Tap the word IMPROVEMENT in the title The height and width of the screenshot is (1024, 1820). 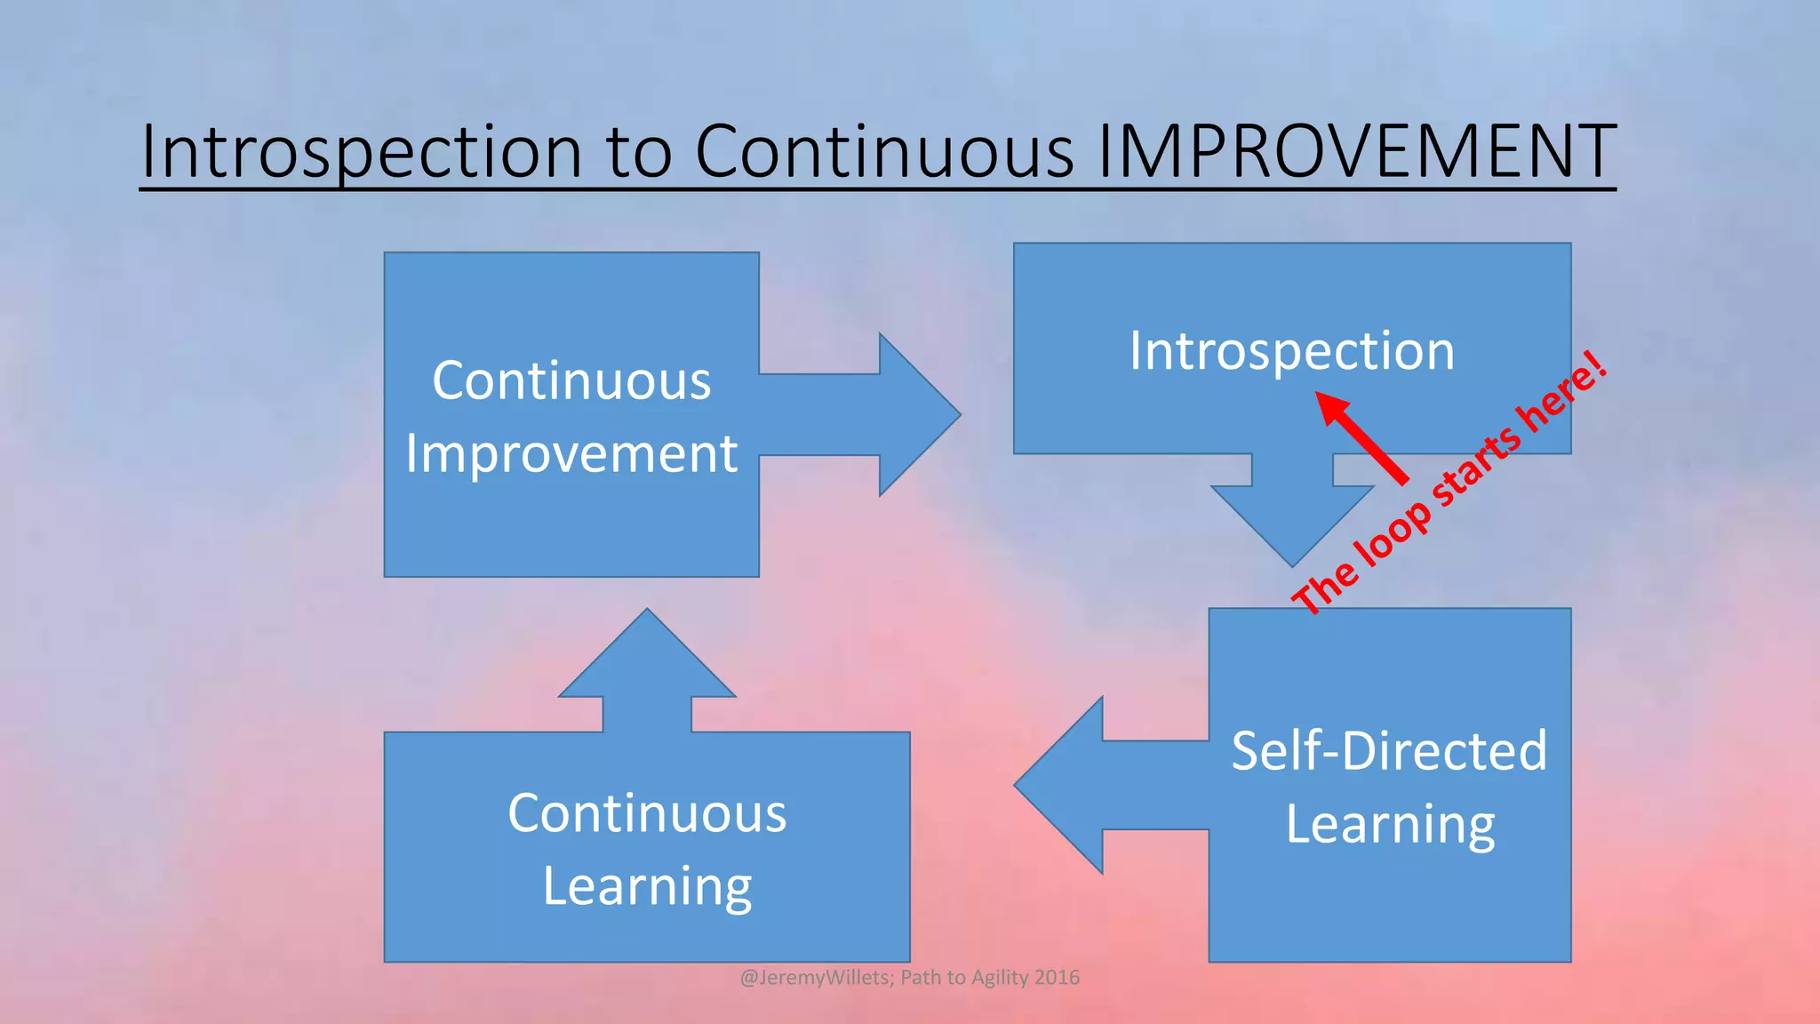point(1356,151)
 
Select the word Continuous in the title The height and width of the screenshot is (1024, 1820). point(883,151)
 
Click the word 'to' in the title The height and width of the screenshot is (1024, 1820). point(638,151)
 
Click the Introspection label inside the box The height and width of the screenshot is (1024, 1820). point(1292,350)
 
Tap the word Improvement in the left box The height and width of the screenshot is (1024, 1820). point(571,453)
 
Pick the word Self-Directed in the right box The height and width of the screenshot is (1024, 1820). point(1389,750)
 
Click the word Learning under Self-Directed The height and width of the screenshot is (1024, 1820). point(1391,824)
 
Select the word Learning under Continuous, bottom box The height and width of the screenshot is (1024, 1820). point(647,886)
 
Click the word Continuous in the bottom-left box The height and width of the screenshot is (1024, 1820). point(647,812)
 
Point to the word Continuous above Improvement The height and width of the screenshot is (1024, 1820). point(571,380)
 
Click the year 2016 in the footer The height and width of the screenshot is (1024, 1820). point(1057,978)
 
